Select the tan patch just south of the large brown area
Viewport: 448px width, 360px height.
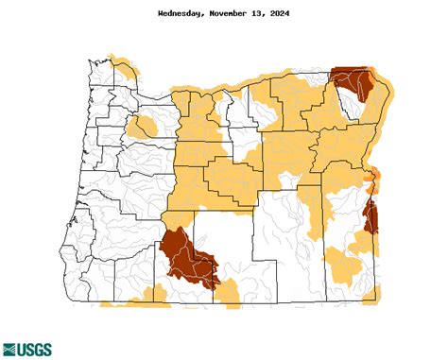(228, 295)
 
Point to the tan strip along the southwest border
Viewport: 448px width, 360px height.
(132, 301)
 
